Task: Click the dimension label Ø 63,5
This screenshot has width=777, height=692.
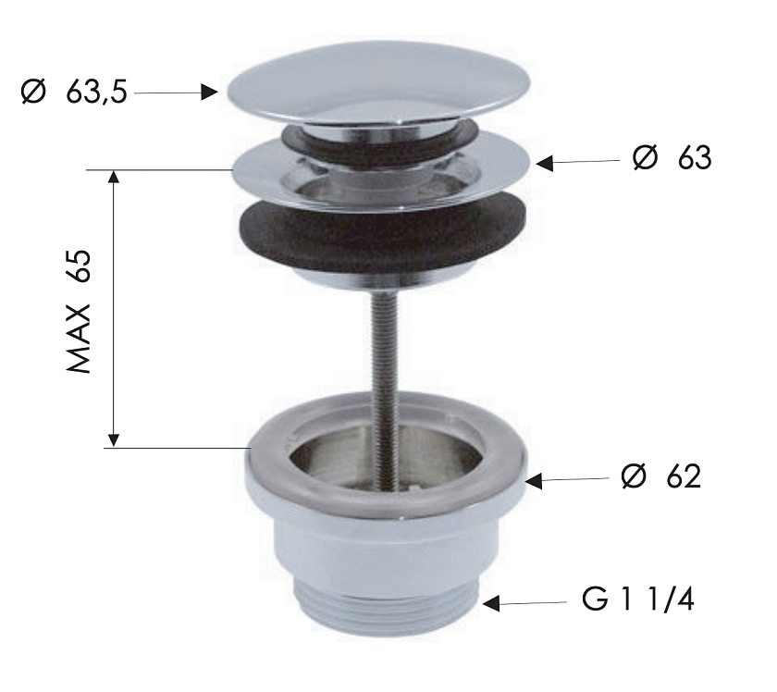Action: [74, 93]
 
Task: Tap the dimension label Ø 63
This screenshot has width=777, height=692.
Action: [672, 158]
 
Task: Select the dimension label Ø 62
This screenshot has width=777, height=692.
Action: [661, 476]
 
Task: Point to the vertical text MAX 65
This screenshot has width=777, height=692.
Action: [79, 311]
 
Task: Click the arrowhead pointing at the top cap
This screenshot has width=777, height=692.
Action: [210, 93]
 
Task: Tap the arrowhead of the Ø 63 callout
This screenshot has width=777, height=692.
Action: [545, 163]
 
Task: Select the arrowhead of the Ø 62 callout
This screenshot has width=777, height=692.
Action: [534, 480]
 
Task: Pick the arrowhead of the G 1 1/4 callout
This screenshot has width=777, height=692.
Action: [491, 603]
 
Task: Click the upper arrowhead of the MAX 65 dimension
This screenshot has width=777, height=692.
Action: [114, 177]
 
